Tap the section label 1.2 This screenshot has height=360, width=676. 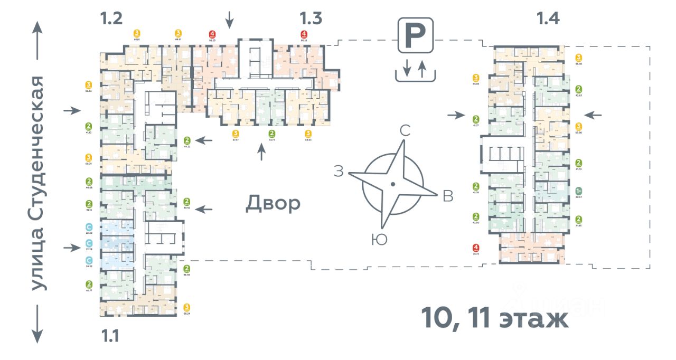[x=112, y=20]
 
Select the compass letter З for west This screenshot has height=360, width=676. [x=339, y=171]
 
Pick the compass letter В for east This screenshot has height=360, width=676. [x=448, y=196]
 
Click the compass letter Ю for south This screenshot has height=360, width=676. [x=379, y=240]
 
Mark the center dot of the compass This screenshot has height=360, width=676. [x=392, y=184]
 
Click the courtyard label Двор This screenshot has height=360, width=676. [x=273, y=204]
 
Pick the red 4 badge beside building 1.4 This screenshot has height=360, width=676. [x=476, y=248]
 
